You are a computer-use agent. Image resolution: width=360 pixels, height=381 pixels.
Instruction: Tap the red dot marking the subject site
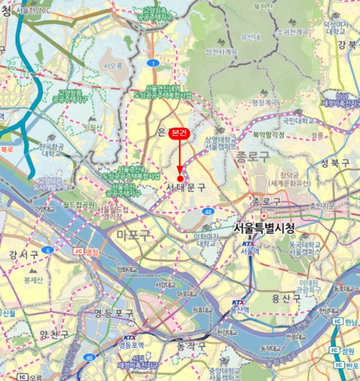pos(180,179)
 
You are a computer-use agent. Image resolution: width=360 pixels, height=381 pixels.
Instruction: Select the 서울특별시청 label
pos(264,229)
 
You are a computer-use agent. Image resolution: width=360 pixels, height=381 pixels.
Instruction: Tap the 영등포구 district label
pos(114,313)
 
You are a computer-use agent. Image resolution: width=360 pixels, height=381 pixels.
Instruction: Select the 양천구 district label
pos(54,334)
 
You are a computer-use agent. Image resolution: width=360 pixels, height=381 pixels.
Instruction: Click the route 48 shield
pos(208,211)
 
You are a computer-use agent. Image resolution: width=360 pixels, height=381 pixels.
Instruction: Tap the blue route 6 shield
pos(48,250)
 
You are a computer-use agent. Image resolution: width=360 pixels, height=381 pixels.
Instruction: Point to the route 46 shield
pos(90,357)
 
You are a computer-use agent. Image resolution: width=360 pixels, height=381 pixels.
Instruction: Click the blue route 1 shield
pos(154,64)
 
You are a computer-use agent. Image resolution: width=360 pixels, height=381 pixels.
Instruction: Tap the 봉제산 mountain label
pos(33,280)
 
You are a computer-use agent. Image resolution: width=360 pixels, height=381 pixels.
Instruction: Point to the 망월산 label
pos(93,127)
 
